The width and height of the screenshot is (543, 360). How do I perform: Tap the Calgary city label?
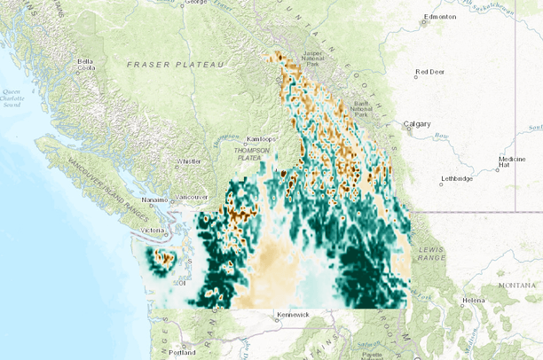(x=417, y=124)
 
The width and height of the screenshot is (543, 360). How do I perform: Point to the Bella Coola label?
(x=86, y=64)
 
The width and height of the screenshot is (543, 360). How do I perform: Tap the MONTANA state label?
(x=516, y=286)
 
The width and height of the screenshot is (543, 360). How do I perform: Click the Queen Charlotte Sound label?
(x=12, y=98)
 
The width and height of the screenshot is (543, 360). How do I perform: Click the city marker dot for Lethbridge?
(x=443, y=185)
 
